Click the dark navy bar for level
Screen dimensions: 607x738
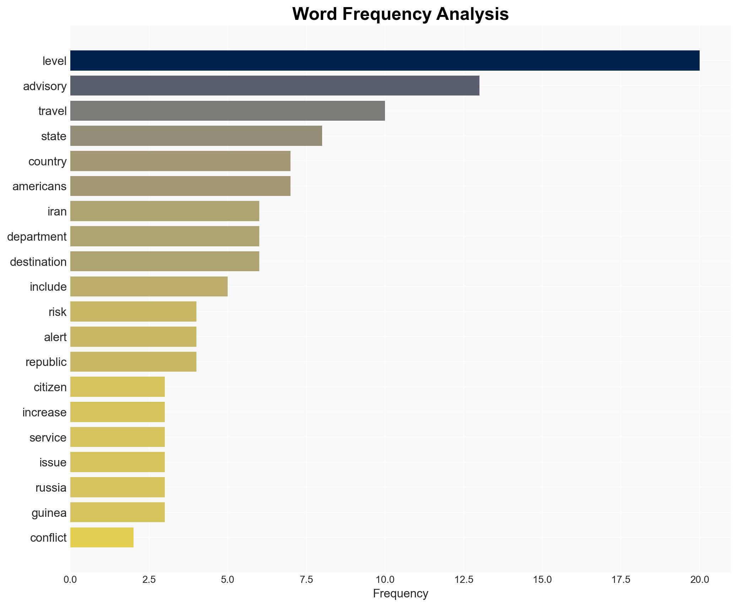(x=385, y=61)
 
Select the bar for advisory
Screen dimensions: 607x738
(x=275, y=86)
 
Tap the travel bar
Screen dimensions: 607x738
(x=227, y=111)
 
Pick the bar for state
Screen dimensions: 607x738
(x=196, y=136)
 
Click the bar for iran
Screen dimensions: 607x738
(x=164, y=211)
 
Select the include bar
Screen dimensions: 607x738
(x=149, y=286)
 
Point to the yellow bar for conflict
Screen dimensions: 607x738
(x=102, y=537)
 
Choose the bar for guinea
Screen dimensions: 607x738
(x=118, y=512)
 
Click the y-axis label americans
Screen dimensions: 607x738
(x=39, y=186)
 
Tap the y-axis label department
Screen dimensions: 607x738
(x=37, y=237)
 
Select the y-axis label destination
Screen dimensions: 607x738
(x=38, y=262)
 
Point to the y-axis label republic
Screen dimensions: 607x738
(x=46, y=362)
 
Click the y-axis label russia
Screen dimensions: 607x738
(x=51, y=488)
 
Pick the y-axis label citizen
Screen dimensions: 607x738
(x=50, y=387)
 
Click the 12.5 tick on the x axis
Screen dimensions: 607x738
(x=463, y=580)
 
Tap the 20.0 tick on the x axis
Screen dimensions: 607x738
(x=699, y=580)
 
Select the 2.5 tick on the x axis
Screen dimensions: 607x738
(x=149, y=580)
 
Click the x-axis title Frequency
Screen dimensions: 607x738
(x=400, y=594)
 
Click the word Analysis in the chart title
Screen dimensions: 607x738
(x=472, y=14)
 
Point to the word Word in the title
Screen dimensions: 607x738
(x=315, y=14)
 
